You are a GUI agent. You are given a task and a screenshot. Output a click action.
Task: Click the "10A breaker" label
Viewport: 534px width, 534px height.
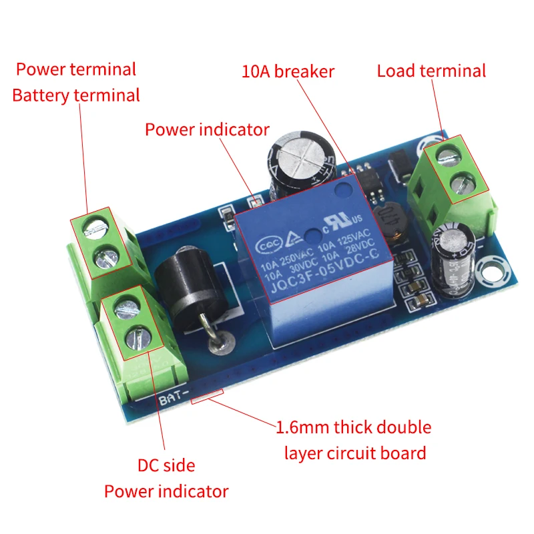(x=288, y=71)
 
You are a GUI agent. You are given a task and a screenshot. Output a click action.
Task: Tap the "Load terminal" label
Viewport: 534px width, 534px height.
(x=431, y=71)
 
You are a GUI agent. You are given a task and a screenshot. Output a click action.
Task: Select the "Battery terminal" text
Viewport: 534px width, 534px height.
(x=76, y=95)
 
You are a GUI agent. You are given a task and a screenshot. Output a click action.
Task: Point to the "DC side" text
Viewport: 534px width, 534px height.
(x=166, y=465)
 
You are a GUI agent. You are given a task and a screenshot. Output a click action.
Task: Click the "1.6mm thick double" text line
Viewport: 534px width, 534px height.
(x=354, y=427)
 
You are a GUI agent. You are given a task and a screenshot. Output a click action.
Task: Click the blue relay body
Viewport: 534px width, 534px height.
(x=314, y=267)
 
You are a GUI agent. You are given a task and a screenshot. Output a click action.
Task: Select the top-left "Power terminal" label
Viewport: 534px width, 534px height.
(x=76, y=69)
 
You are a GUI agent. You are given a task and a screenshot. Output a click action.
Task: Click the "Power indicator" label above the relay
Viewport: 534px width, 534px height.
(x=207, y=129)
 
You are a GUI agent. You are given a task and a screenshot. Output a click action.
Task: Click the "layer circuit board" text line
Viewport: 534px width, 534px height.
(x=355, y=454)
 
